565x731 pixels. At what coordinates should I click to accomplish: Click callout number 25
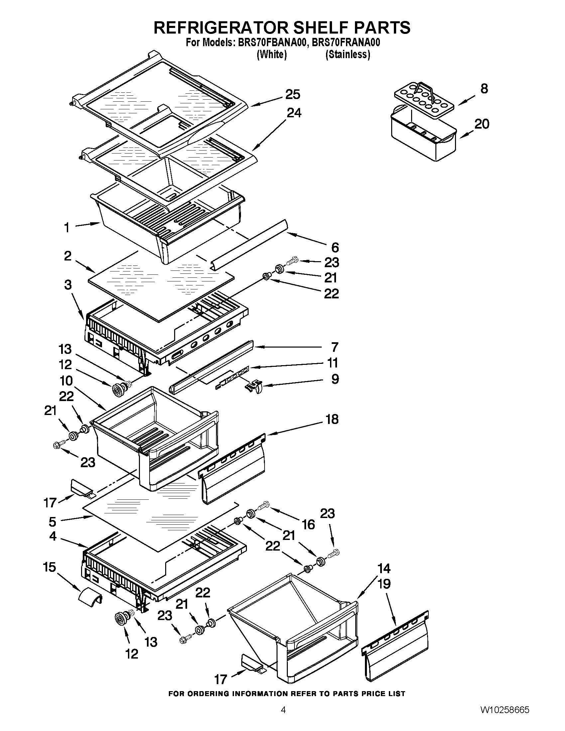[x=292, y=94]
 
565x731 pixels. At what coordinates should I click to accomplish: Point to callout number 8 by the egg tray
[x=484, y=89]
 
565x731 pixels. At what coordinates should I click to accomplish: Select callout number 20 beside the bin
[x=482, y=124]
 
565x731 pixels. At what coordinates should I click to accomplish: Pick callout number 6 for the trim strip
[x=335, y=247]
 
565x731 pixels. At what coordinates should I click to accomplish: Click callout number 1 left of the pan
[x=66, y=228]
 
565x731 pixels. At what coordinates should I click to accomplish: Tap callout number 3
[x=68, y=285]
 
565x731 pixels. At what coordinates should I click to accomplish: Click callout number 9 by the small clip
[x=335, y=379]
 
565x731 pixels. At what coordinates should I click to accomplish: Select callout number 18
[x=332, y=419]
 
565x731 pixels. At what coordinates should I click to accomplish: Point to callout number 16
[x=308, y=524]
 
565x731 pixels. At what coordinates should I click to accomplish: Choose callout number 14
[x=384, y=568]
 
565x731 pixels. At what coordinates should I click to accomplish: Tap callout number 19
[x=384, y=584]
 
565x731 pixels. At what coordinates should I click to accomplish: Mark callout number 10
[x=66, y=380]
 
